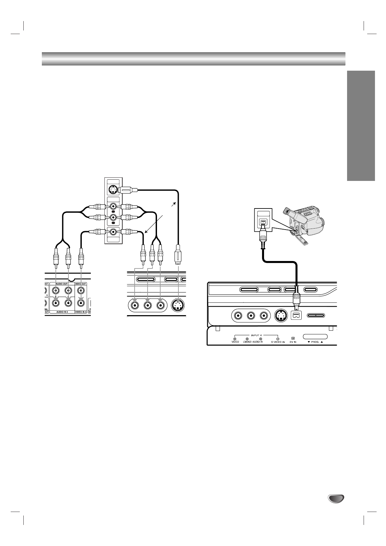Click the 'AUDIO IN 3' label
click(62, 312)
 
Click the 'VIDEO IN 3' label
click(81, 312)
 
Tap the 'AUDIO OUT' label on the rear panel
click(62, 283)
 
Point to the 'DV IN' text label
click(293, 342)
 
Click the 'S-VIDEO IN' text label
click(278, 342)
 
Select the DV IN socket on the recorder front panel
click(296, 315)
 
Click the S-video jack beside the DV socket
click(281, 315)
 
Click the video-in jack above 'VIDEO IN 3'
click(81, 303)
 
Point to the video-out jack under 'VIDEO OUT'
click(81, 291)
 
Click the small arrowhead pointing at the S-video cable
click(175, 203)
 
